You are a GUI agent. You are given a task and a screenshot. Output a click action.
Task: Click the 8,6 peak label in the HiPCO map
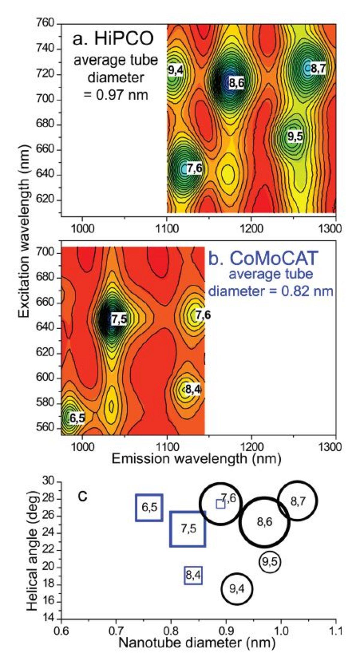tap(236, 83)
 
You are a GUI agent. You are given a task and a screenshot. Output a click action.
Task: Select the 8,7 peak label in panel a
tap(318, 69)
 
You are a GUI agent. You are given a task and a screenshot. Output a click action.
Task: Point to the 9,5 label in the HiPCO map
tap(295, 137)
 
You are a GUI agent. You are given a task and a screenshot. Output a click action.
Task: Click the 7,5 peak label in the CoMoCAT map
tap(119, 320)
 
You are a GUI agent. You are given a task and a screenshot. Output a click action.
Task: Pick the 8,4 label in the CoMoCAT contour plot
tap(193, 390)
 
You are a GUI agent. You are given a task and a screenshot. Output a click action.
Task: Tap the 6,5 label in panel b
tap(77, 419)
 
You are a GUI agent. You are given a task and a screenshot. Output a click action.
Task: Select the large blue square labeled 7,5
tap(188, 529)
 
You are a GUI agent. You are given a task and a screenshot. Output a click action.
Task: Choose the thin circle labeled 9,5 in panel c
tap(270, 554)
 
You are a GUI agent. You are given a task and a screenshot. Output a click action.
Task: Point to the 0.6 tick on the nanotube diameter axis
tap(61, 630)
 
